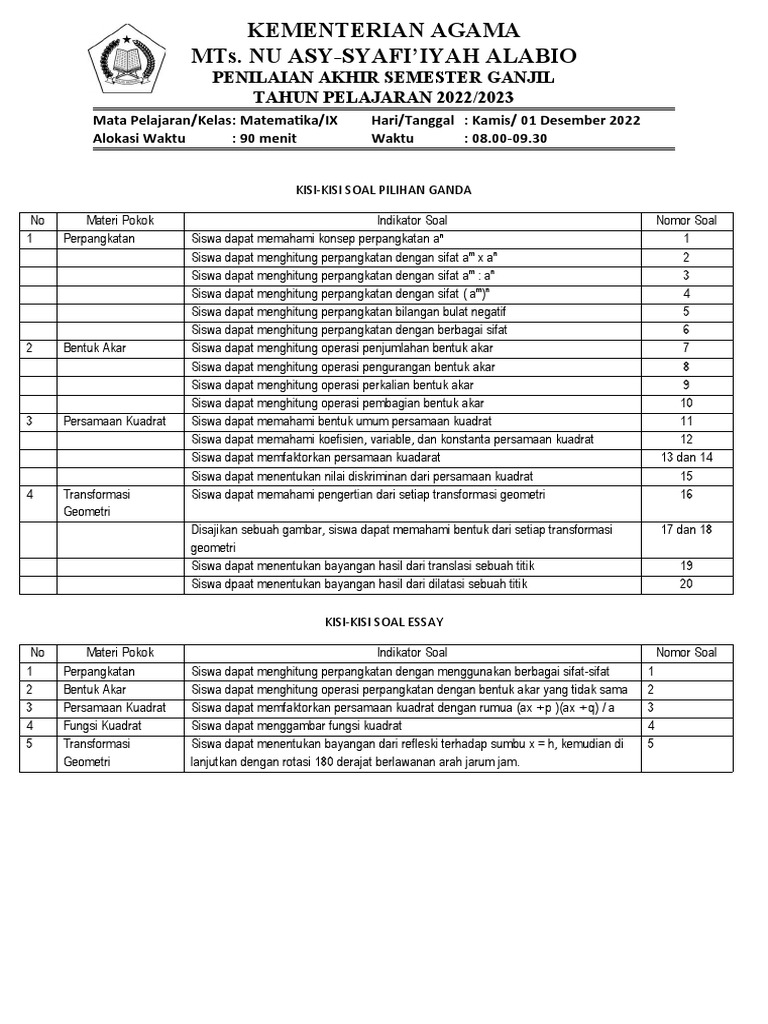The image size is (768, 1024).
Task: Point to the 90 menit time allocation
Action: point(263,138)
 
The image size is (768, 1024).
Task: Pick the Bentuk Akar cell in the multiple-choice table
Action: point(95,348)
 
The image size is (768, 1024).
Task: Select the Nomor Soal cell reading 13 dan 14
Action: point(685,456)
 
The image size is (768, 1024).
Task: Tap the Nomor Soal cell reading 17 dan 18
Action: point(685,529)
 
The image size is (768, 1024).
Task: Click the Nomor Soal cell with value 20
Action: point(686,584)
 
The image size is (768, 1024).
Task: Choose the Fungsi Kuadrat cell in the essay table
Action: point(102,725)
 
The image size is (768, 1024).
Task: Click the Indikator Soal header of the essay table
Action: point(413,653)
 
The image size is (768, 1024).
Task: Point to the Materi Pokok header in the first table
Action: point(120,220)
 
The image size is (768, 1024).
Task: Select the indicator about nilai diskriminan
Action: point(362,475)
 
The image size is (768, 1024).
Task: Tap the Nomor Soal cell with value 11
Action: point(686,421)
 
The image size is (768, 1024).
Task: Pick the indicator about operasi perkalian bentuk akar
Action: point(346,384)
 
